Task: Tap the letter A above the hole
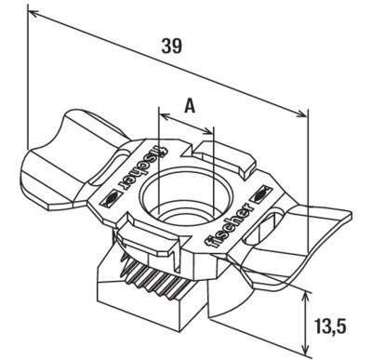(x=189, y=104)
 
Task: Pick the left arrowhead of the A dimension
(x=163, y=118)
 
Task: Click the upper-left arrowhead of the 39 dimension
(x=33, y=12)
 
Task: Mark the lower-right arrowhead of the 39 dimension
(x=303, y=115)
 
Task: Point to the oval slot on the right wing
(x=273, y=226)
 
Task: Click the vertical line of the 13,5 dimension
(x=307, y=321)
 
